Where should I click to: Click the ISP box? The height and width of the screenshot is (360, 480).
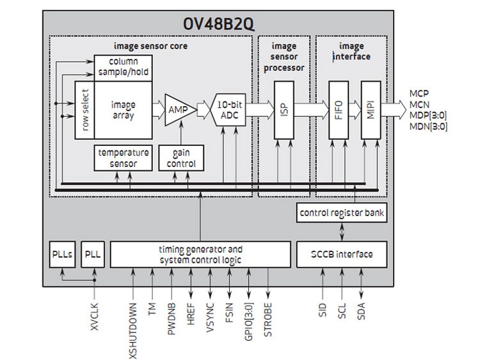[x=284, y=109]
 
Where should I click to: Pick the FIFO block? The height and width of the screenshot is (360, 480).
[x=338, y=109]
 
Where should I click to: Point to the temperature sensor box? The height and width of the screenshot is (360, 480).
[x=124, y=157]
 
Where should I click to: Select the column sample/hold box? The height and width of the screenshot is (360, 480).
[x=123, y=67]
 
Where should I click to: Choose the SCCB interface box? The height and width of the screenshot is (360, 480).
[x=342, y=254]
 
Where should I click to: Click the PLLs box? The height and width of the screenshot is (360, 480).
[x=63, y=254]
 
